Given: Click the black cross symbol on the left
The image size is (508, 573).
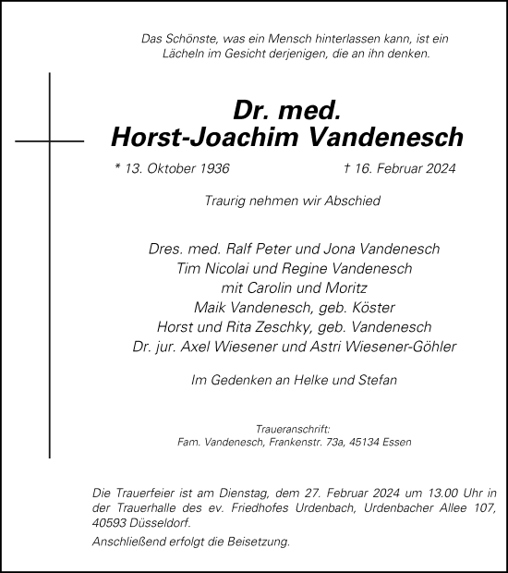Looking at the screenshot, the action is tap(50, 141).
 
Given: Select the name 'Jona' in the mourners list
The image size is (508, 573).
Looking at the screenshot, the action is tap(342, 250).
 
